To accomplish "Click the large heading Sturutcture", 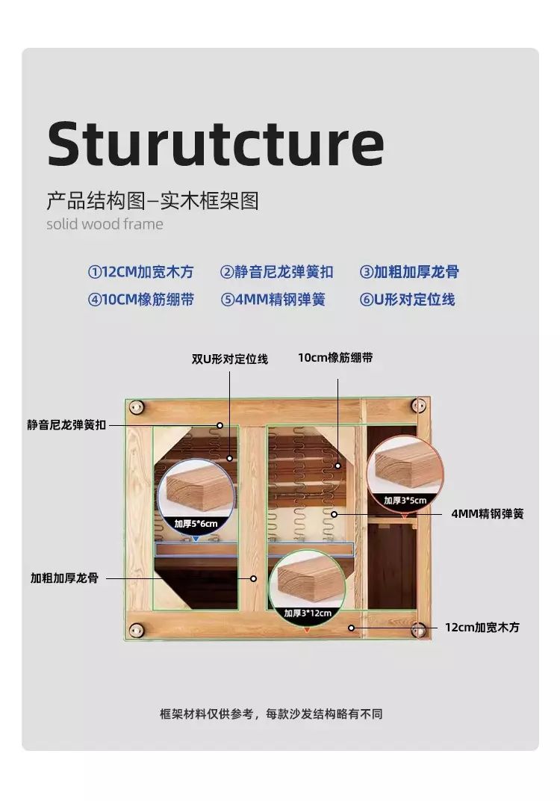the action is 215,143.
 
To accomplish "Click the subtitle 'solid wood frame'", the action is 105,223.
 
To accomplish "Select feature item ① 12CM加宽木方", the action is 141,272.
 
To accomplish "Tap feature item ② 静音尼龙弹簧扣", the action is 277,272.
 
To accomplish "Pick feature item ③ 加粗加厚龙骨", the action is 409,272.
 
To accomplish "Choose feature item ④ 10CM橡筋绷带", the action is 141,300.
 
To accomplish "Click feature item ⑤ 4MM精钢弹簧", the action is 273,300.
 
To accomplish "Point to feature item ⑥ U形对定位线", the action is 408,300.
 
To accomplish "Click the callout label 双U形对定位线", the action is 230,359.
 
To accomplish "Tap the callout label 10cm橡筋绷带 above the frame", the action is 335,358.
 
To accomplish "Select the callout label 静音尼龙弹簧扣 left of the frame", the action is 66,424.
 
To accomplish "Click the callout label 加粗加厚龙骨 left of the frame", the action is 64,578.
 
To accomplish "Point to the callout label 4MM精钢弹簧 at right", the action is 488,514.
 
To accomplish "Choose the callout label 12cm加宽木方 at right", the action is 482,628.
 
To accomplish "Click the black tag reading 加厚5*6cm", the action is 196,524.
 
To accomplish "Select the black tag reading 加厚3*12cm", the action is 308,613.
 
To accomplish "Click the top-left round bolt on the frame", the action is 136,407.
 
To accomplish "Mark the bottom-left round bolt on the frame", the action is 136,631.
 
